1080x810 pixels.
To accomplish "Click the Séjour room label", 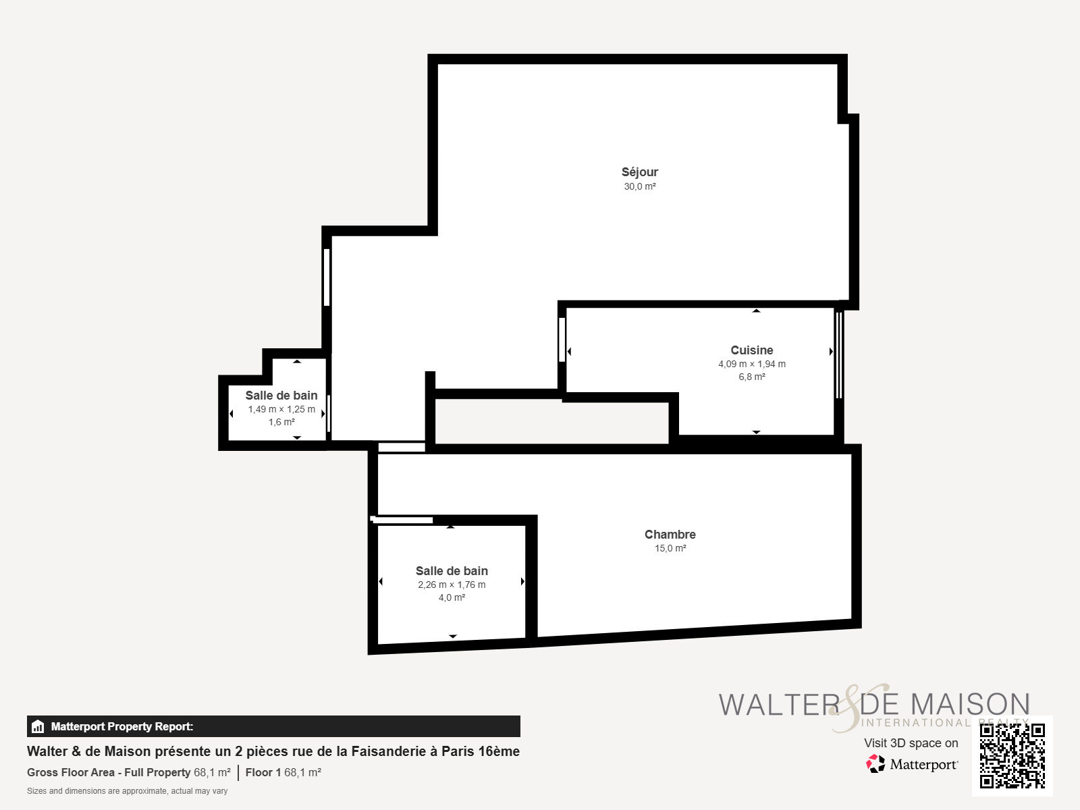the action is [x=640, y=172].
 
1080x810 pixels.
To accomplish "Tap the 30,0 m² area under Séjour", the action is [x=640, y=186].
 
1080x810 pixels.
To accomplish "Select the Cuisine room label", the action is [x=752, y=350].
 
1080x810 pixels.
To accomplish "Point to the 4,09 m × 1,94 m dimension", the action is [x=752, y=364].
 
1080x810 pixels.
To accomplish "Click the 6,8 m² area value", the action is [x=752, y=377].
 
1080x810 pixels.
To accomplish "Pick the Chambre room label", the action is [x=670, y=534].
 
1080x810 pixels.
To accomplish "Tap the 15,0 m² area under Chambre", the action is [x=670, y=548].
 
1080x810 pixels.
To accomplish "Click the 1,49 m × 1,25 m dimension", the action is [x=281, y=409].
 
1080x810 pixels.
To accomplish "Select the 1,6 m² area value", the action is [x=281, y=422].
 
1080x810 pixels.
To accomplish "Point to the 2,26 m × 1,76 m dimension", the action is [x=452, y=585].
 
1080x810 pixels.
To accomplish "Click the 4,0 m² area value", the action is [x=452, y=597].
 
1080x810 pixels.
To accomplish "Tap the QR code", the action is [x=1012, y=756].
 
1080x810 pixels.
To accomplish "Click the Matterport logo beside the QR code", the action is [x=912, y=764].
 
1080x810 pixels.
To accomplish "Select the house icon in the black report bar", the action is [x=38, y=726].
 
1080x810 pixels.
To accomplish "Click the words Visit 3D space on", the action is [x=911, y=743].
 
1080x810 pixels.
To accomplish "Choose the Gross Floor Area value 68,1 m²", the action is [x=212, y=772].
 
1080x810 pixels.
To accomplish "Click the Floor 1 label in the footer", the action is [x=263, y=772].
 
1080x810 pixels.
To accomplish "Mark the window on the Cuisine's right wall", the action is [x=840, y=354].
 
